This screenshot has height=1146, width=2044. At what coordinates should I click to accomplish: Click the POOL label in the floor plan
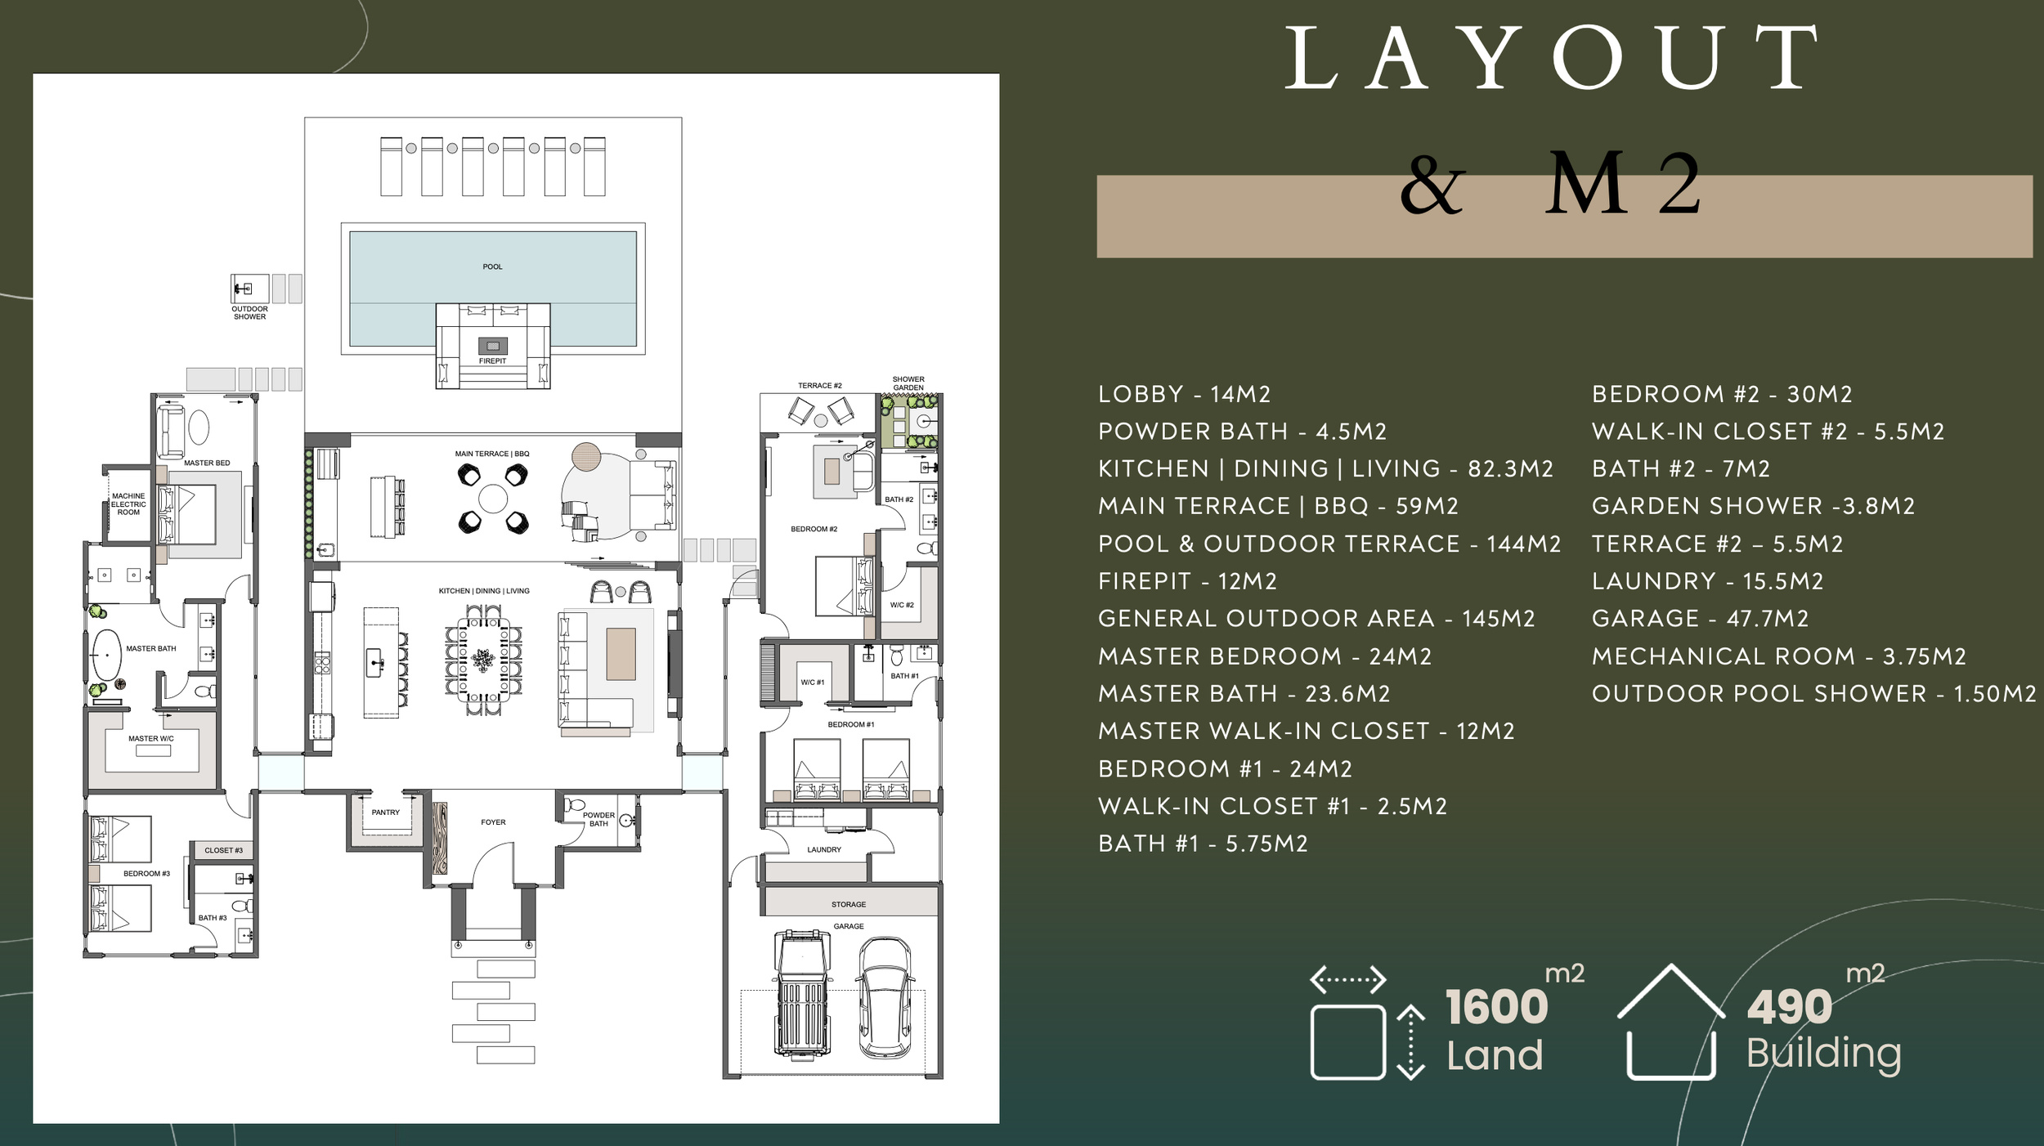click(x=492, y=267)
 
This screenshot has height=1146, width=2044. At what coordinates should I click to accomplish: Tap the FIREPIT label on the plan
click(x=492, y=361)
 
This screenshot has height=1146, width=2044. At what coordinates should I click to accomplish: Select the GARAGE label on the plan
click(x=849, y=926)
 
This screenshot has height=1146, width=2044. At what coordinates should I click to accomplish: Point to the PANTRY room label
click(x=386, y=812)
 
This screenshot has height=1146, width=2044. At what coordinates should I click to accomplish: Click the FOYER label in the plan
click(x=493, y=822)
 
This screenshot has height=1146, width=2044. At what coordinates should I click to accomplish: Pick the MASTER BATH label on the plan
click(x=150, y=649)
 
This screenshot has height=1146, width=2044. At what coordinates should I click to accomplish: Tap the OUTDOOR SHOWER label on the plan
click(x=249, y=313)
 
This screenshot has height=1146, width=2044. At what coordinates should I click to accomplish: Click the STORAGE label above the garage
click(x=849, y=905)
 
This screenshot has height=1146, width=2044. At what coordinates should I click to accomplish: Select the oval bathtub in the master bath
click(x=105, y=656)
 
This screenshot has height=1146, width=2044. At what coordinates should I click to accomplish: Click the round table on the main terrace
click(x=493, y=498)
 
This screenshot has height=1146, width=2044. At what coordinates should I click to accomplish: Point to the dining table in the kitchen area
click(x=483, y=659)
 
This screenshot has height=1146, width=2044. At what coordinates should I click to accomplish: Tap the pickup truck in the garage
click(x=803, y=994)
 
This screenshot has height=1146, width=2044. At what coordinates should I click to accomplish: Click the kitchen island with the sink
click(x=380, y=662)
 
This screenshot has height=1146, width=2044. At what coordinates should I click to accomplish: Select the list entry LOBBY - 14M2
click(x=1184, y=395)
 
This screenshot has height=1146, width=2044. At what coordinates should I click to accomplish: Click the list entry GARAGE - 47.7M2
click(x=1700, y=619)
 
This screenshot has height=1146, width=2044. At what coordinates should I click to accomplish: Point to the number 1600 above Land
click(x=1495, y=1007)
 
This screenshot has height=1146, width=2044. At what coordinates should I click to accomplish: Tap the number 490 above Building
click(x=1789, y=1007)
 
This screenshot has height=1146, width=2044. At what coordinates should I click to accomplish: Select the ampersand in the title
click(x=1432, y=186)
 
